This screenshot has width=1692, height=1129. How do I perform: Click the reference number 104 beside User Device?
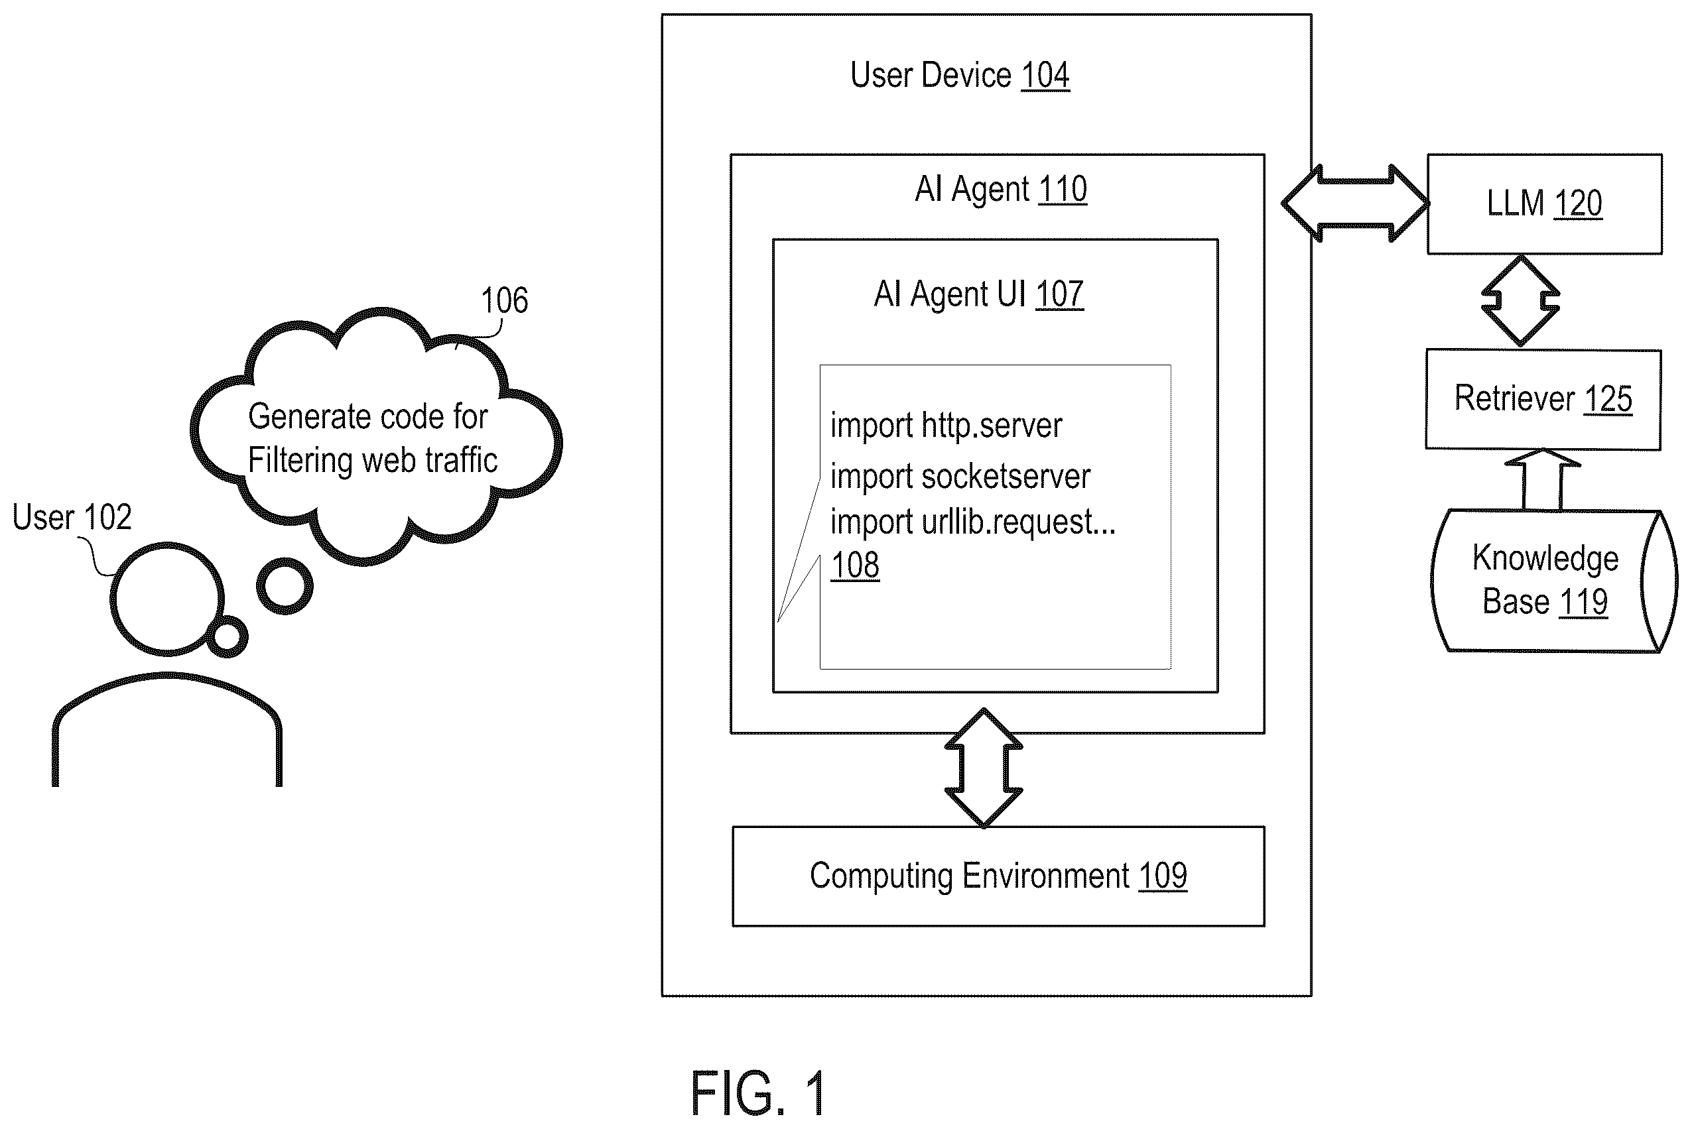pyautogui.click(x=1045, y=76)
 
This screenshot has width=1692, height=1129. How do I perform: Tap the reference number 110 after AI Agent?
pyautogui.click(x=1063, y=190)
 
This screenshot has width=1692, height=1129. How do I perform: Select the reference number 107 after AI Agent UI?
pyautogui.click(x=1059, y=294)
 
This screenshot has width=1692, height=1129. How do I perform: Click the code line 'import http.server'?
pyautogui.click(x=946, y=426)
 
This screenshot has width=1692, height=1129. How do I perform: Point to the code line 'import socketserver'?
pyautogui.click(x=960, y=477)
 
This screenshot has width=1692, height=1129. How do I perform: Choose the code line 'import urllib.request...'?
pyautogui.click(x=973, y=522)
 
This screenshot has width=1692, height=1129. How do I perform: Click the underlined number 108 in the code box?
pyautogui.click(x=855, y=565)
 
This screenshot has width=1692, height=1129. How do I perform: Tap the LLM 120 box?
pyautogui.click(x=1544, y=204)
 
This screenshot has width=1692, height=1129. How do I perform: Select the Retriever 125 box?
pyautogui.click(x=1543, y=400)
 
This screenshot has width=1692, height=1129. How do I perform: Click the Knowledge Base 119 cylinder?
pyautogui.click(x=1553, y=581)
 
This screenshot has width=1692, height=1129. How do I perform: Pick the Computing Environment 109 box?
pyautogui.click(x=998, y=876)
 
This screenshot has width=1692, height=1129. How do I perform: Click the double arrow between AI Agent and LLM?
pyautogui.click(x=1354, y=204)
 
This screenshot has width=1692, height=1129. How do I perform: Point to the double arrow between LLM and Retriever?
pyautogui.click(x=1521, y=301)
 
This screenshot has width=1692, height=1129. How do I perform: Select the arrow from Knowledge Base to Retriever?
pyautogui.click(x=1542, y=480)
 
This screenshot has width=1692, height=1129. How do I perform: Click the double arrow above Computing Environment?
pyautogui.click(x=984, y=768)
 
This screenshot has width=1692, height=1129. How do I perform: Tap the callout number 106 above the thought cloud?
pyautogui.click(x=504, y=300)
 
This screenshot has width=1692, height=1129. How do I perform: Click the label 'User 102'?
pyautogui.click(x=72, y=518)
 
